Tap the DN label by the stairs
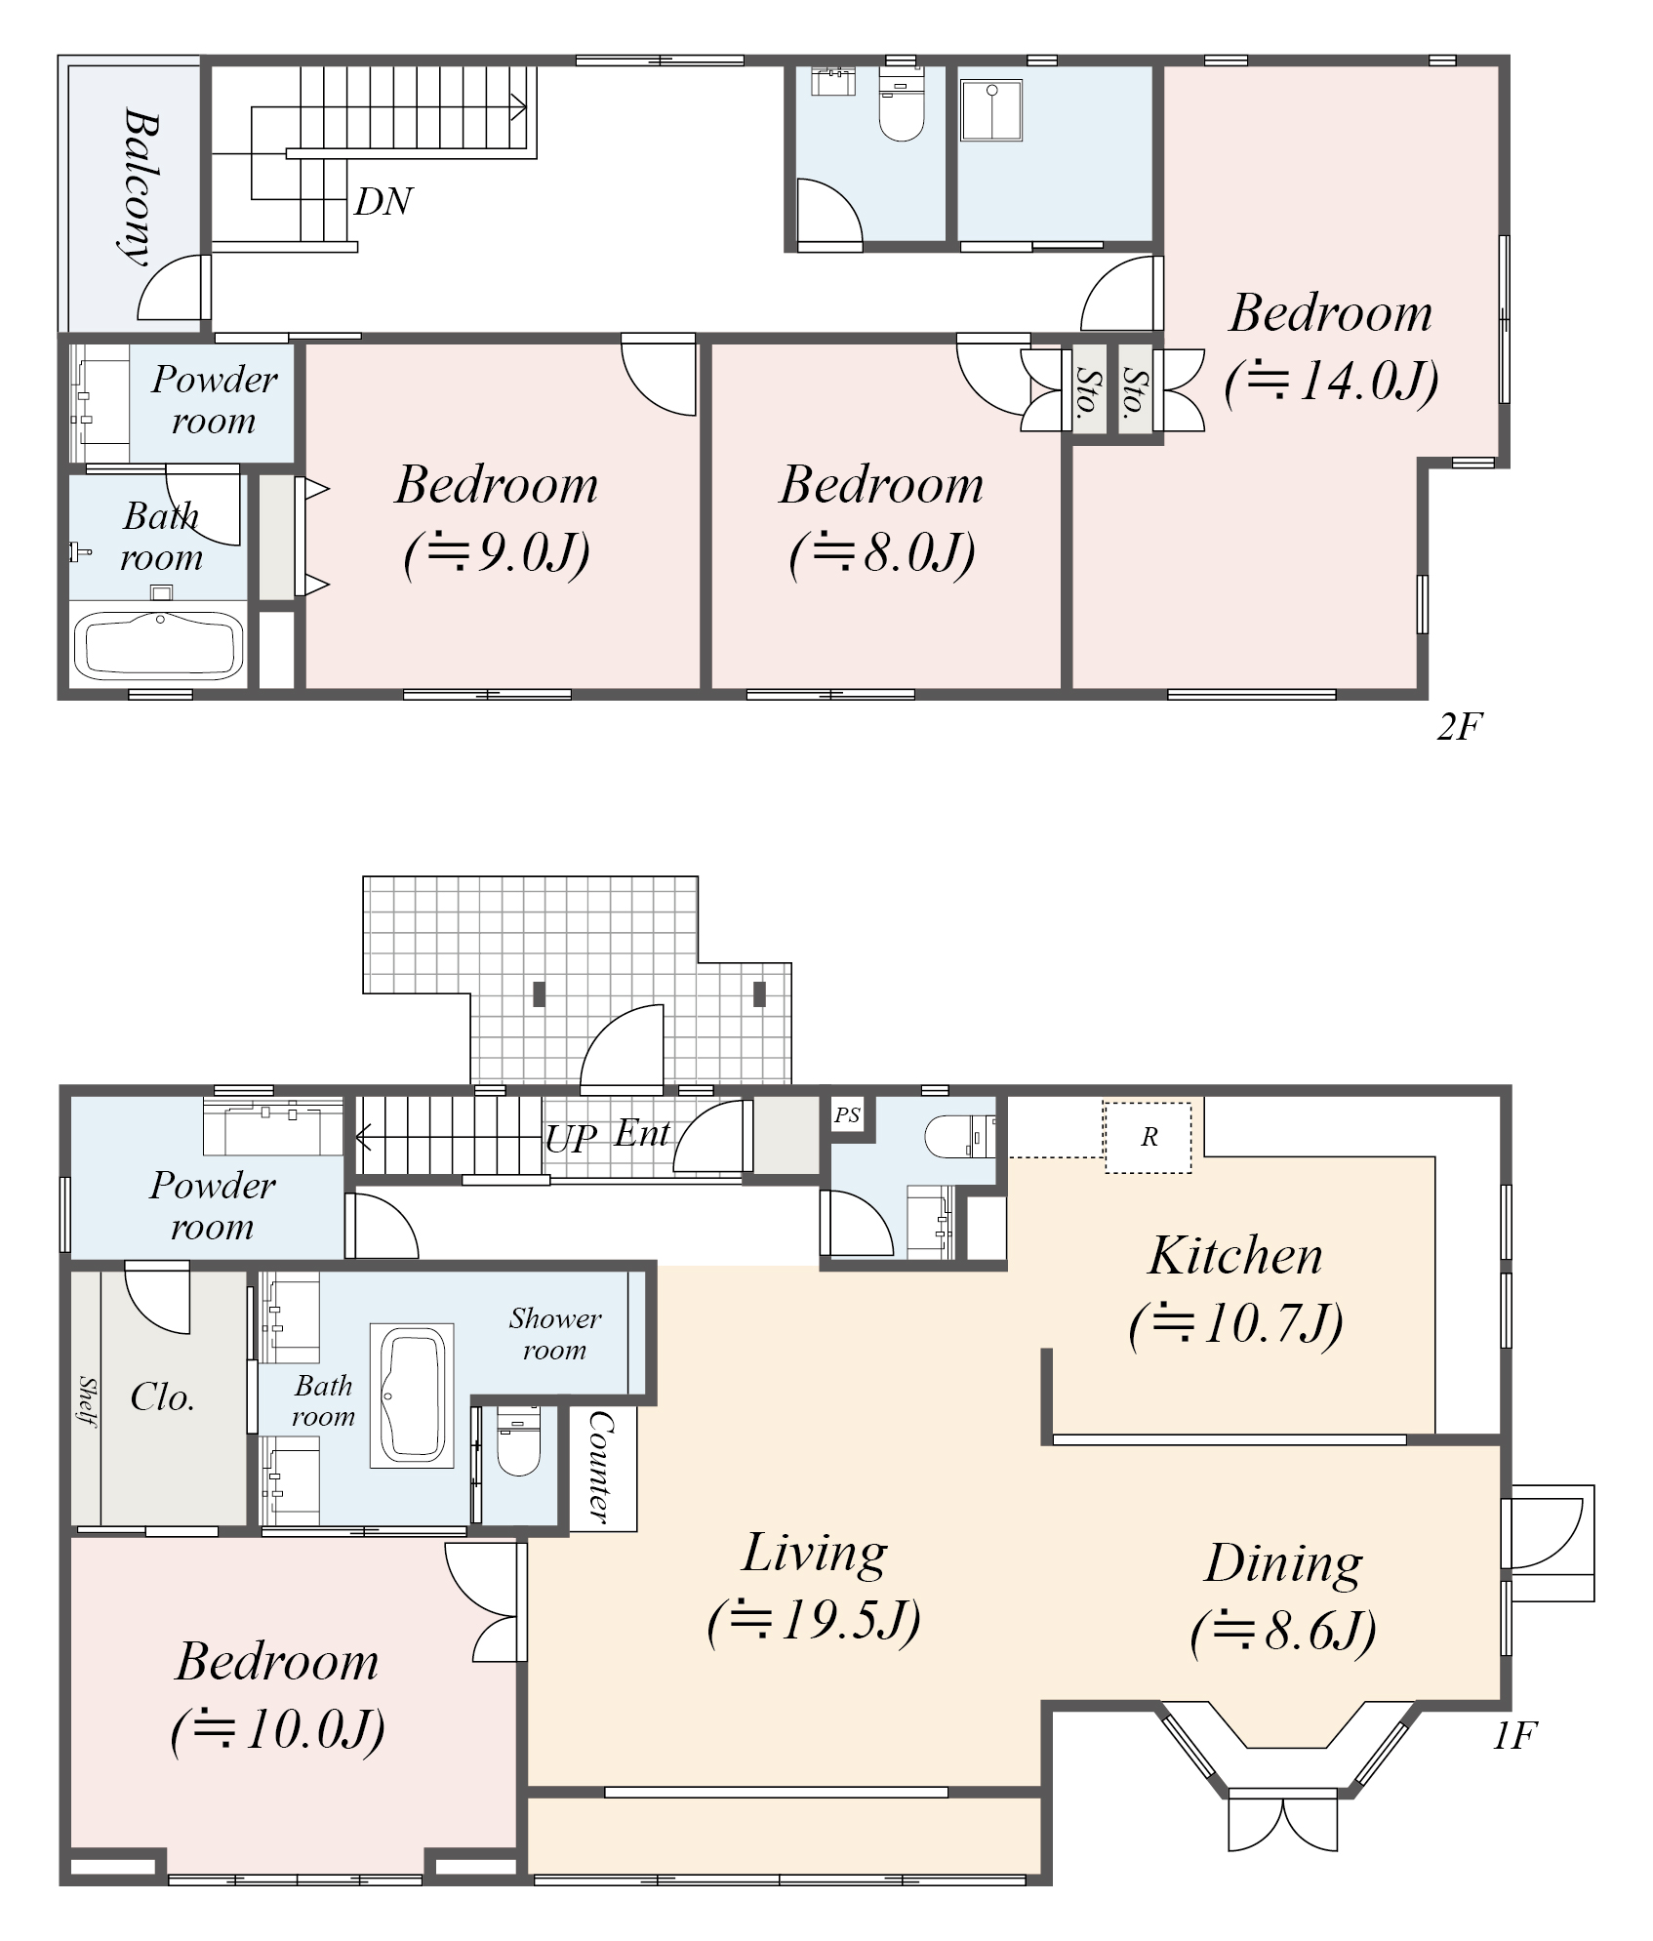[383, 202]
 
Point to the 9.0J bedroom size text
[497, 553]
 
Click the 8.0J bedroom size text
[882, 553]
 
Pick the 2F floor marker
[1460, 726]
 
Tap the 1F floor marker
[1514, 1735]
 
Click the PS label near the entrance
[847, 1114]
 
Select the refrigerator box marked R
[1149, 1137]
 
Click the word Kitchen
[1235, 1256]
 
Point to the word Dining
[1283, 1563]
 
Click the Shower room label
[555, 1334]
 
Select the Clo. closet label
[162, 1397]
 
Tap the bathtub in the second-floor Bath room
[159, 645]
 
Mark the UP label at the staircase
[571, 1139]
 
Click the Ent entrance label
[642, 1134]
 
